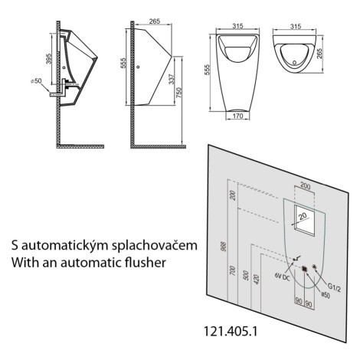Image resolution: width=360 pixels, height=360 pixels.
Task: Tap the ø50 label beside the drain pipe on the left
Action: [36, 81]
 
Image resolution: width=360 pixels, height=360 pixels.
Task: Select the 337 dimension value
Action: [172, 79]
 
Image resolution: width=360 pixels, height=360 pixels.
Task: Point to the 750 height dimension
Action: [178, 93]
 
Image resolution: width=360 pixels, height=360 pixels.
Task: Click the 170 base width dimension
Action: [237, 116]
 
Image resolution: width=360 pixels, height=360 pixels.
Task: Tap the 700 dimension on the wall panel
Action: [233, 270]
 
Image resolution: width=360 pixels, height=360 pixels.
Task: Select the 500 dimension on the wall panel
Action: [246, 275]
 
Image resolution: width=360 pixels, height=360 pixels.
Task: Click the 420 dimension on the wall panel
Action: [257, 280]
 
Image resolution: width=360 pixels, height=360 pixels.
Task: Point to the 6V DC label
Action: [282, 277]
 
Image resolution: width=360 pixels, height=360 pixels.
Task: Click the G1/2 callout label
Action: [333, 289]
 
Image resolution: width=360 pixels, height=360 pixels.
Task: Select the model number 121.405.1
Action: [231, 332]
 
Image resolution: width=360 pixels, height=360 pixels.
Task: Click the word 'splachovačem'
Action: [155, 246]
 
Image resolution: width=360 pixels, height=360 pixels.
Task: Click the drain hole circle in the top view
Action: [295, 62]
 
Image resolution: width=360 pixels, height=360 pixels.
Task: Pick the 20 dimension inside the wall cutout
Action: [303, 217]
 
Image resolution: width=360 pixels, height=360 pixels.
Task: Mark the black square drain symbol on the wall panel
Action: [304, 268]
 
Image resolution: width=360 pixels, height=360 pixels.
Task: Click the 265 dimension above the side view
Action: [155, 21]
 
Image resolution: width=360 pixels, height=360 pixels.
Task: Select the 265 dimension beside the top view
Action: [319, 54]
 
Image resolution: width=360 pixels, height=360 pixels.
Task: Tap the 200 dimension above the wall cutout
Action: [306, 186]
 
